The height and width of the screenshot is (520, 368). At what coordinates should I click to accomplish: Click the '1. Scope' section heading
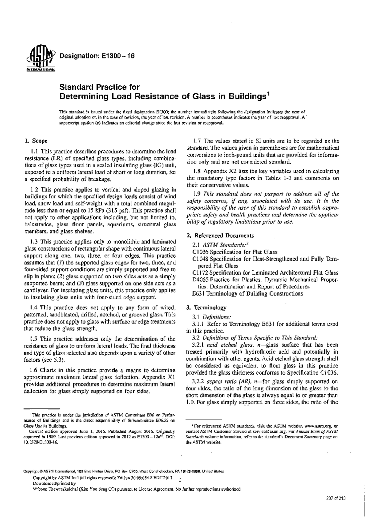pos(36,141)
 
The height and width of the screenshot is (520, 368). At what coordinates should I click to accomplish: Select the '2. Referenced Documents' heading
pos(220,236)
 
